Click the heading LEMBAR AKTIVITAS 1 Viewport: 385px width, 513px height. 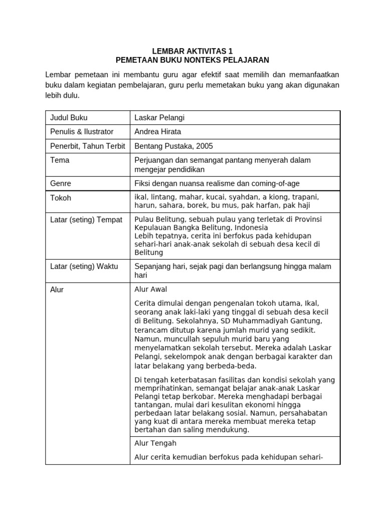[x=192, y=51]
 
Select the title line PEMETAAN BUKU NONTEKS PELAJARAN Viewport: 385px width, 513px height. [x=192, y=60]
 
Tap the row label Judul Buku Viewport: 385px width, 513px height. [x=69, y=118]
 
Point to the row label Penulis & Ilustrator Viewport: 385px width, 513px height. [x=82, y=132]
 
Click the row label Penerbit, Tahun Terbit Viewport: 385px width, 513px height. [x=86, y=146]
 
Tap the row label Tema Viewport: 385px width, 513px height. [x=60, y=160]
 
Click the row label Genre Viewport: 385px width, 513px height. [x=61, y=183]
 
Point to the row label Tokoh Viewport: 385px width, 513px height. [x=61, y=198]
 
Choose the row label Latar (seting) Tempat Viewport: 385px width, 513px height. [x=86, y=220]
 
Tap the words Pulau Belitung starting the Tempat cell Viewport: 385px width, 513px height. [x=157, y=219]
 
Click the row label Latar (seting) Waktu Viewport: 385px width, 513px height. [x=84, y=266]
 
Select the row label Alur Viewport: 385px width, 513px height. [x=57, y=290]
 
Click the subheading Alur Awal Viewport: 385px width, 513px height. [x=151, y=289]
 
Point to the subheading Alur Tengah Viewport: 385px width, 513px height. [x=155, y=443]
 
